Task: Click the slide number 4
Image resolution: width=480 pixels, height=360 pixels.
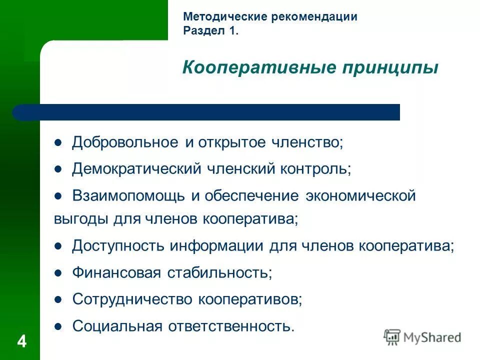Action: (21, 342)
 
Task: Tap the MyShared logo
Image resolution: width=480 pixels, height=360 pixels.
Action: (422, 337)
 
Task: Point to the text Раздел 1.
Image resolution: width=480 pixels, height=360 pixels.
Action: (210, 31)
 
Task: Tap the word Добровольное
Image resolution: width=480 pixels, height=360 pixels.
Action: (124, 142)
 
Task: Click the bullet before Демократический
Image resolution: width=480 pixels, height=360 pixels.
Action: (58, 169)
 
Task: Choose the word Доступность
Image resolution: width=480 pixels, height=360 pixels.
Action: (118, 246)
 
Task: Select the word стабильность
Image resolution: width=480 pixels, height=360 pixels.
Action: (219, 273)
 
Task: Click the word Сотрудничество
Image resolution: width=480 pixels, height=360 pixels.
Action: (132, 299)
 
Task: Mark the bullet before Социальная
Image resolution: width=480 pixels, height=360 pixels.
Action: (58, 326)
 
